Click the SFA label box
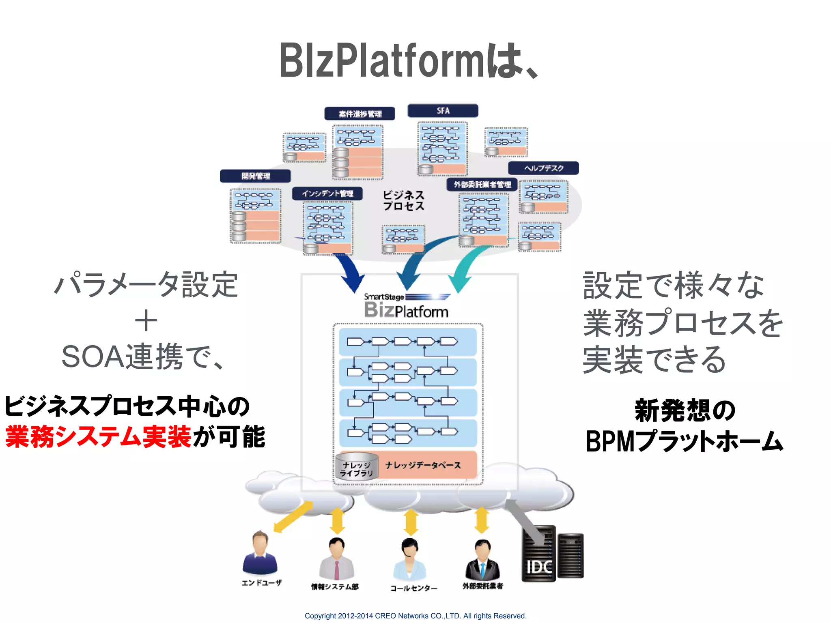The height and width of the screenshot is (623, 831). pos(443,111)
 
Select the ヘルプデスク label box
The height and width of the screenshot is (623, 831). pos(543,168)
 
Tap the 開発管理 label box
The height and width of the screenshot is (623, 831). pos(255,176)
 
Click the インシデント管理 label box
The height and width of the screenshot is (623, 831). pos(327,193)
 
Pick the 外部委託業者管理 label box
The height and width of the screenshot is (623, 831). pos(482,185)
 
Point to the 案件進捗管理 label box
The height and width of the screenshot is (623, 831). pos(360,114)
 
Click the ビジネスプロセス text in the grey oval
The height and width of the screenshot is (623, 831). pos(403,201)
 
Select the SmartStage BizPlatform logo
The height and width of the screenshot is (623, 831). pos(407,306)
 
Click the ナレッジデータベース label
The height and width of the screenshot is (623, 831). pos(423,465)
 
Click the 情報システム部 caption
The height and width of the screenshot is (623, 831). pos(335,587)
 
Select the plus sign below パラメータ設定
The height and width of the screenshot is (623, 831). pos(146,321)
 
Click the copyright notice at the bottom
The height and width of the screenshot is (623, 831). pos(415,616)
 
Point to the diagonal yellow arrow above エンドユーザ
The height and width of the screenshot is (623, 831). pos(293,516)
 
